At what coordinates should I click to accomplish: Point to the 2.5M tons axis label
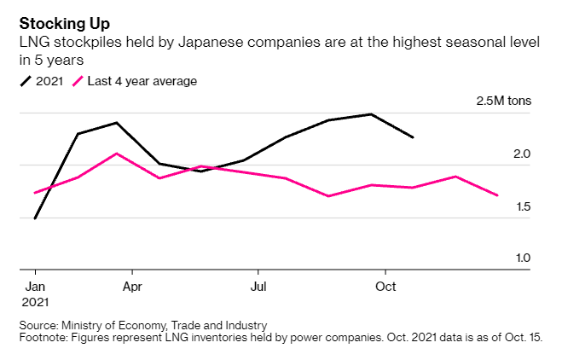click(503, 102)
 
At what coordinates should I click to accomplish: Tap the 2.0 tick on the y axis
click(522, 154)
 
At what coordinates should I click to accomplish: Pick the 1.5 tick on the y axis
click(522, 206)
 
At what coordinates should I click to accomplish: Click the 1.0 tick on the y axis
click(522, 258)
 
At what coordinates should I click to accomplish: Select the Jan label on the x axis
click(35, 287)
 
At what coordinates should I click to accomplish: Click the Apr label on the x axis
click(132, 287)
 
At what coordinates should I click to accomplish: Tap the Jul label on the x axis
click(257, 287)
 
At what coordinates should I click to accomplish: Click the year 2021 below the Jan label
click(36, 302)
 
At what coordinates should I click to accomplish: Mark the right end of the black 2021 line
click(414, 136)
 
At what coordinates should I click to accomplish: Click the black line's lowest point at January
click(35, 218)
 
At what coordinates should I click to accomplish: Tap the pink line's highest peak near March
click(117, 154)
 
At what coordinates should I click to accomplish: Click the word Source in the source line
click(38, 325)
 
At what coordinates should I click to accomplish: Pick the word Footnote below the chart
click(43, 337)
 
